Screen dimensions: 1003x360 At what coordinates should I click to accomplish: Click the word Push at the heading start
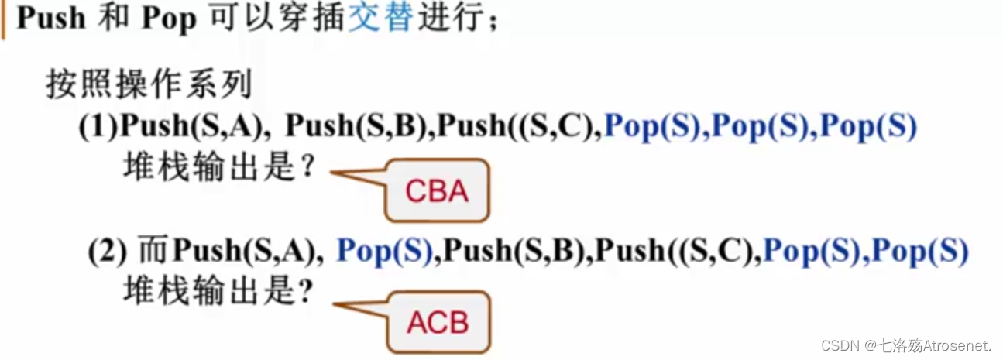[51, 17]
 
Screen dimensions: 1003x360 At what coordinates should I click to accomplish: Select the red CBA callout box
[437, 190]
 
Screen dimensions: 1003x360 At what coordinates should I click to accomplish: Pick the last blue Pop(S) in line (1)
[868, 127]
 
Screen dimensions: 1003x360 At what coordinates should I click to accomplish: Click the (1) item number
[98, 127]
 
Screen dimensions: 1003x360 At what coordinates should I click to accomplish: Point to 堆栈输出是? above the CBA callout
[220, 166]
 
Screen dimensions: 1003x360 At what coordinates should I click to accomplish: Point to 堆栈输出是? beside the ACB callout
[220, 290]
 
